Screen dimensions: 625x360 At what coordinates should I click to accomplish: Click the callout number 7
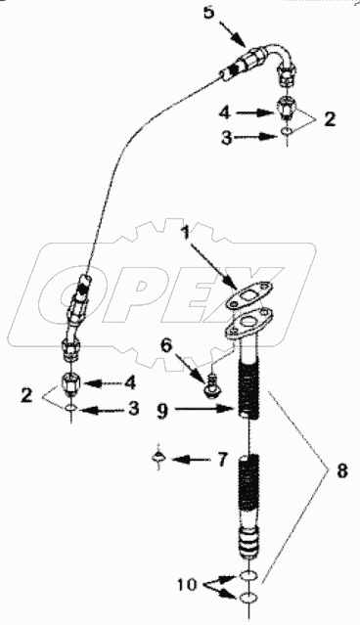[x=224, y=459]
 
